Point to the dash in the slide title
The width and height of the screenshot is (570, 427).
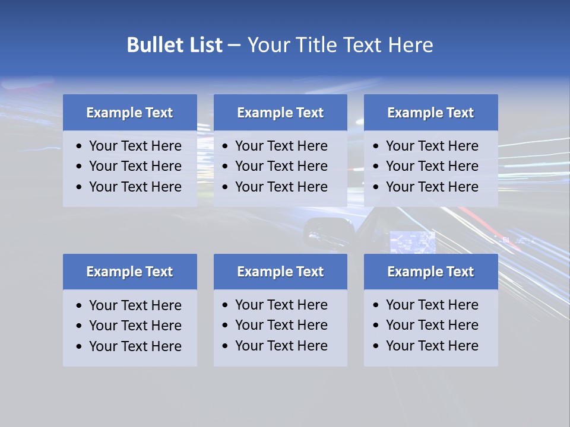click(x=234, y=45)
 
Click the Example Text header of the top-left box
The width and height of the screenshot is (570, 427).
click(x=129, y=113)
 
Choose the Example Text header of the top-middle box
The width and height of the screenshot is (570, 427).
click(x=280, y=113)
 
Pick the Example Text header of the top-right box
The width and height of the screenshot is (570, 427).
click(x=430, y=113)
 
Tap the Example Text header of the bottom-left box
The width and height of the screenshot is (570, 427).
click(x=129, y=272)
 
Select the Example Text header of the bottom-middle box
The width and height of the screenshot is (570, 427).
click(x=280, y=272)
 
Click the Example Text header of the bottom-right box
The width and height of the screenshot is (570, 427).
click(x=430, y=272)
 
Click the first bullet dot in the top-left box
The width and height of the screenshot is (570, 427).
click(x=80, y=146)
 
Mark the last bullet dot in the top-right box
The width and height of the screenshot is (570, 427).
click(x=376, y=187)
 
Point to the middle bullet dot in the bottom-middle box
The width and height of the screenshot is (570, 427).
click(x=226, y=326)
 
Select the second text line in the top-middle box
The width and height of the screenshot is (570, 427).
click(x=281, y=166)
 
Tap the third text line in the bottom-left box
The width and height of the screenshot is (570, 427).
click(x=135, y=346)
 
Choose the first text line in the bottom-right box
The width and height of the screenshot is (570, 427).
click(x=432, y=305)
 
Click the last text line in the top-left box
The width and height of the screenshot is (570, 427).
click(x=135, y=187)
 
